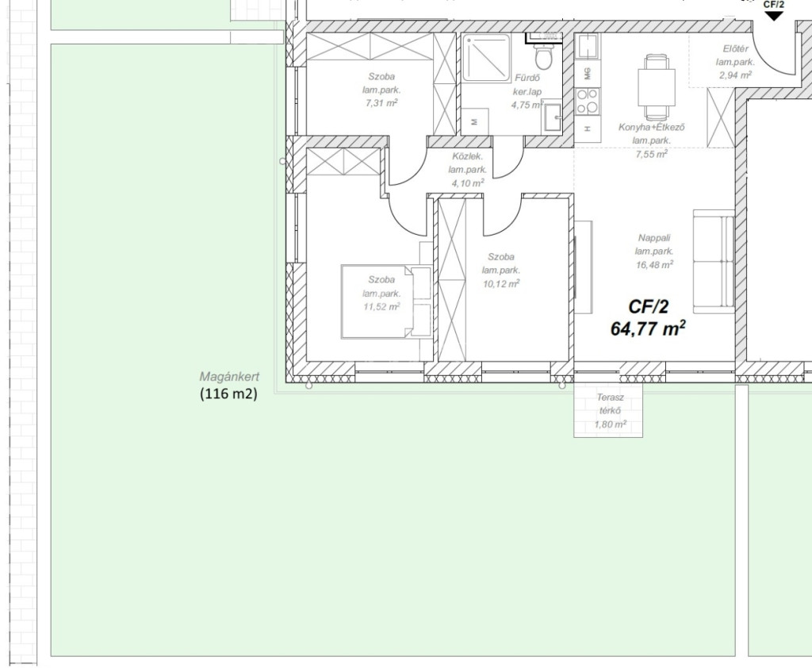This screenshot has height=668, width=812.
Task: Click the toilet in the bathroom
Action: [543, 55]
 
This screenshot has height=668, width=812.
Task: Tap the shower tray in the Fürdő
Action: [486, 58]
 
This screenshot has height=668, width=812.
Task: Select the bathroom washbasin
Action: [552, 118]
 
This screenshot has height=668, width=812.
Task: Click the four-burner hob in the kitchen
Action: [588, 101]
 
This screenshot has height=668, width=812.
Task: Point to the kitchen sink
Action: [588, 47]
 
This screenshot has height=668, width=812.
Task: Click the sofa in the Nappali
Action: [714, 261]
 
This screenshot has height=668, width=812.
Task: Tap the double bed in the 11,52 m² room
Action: [386, 301]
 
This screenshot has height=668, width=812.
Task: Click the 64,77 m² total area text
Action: [649, 328]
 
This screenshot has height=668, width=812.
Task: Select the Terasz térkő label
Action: [610, 405]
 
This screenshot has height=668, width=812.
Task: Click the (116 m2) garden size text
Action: [228, 394]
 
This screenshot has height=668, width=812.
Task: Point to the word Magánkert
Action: [229, 377]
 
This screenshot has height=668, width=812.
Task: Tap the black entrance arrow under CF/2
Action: [774, 16]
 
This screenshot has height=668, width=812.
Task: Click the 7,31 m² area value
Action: [381, 103]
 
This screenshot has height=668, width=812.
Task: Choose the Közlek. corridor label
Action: [468, 156]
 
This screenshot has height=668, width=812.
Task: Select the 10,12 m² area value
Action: [501, 284]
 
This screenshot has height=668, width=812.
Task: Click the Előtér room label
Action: [735, 49]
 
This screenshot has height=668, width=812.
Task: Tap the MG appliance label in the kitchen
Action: [588, 74]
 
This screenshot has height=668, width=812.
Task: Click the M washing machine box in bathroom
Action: [474, 122]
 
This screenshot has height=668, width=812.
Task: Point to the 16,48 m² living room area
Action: [654, 265]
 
